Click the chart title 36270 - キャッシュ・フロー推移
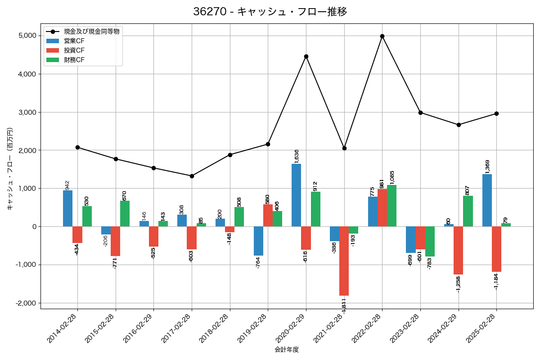(270, 12)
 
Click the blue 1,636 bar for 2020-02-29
(297, 195)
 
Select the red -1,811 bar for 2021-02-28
(344, 261)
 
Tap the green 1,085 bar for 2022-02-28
(391, 206)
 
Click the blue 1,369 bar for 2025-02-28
(487, 200)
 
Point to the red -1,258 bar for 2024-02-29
(459, 250)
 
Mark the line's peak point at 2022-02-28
(382, 36)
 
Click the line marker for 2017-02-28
(192, 176)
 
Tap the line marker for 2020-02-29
(306, 57)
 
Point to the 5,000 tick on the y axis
(27, 36)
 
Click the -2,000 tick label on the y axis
(26, 303)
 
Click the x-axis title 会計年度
(287, 350)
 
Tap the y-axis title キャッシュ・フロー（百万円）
(10, 169)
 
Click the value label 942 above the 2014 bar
(67, 185)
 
